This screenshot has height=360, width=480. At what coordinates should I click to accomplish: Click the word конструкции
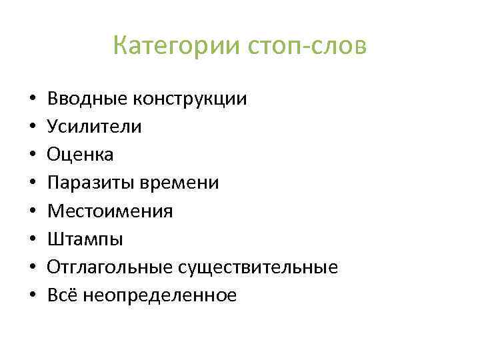tap(189, 99)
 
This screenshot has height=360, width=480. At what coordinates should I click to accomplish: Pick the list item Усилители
tap(94, 127)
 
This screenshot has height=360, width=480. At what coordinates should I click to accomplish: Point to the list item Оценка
tap(80, 155)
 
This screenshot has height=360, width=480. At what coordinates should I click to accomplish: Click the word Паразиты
tap(89, 183)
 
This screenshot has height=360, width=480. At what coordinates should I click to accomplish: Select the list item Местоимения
tap(110, 211)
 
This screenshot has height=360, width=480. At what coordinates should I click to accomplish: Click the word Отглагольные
tap(109, 268)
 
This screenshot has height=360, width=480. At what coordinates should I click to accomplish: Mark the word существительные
tap(258, 267)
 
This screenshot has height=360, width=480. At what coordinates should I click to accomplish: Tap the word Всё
tap(61, 295)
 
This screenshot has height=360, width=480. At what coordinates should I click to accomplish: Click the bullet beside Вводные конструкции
tap(32, 100)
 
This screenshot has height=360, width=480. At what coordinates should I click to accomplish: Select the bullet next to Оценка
tap(32, 156)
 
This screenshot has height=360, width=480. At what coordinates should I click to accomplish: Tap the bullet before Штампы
tap(32, 240)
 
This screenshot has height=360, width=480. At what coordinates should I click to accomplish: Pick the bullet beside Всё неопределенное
tap(32, 296)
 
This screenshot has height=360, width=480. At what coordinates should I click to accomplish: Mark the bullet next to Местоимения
tap(32, 212)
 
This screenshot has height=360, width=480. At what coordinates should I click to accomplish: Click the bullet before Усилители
tap(32, 128)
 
